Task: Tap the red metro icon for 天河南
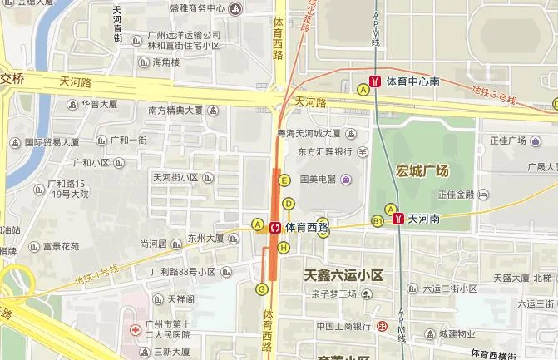[399, 219]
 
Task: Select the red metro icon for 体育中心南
[376, 81]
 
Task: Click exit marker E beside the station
[284, 180]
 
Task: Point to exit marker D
[289, 204]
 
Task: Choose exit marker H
[284, 247]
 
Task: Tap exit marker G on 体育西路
[262, 288]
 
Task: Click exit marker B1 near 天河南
[378, 220]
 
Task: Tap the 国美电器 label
[317, 179]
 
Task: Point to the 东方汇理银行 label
[320, 153]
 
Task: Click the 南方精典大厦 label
[176, 110]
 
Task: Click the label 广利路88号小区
[184, 271]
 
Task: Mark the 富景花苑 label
[62, 246]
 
